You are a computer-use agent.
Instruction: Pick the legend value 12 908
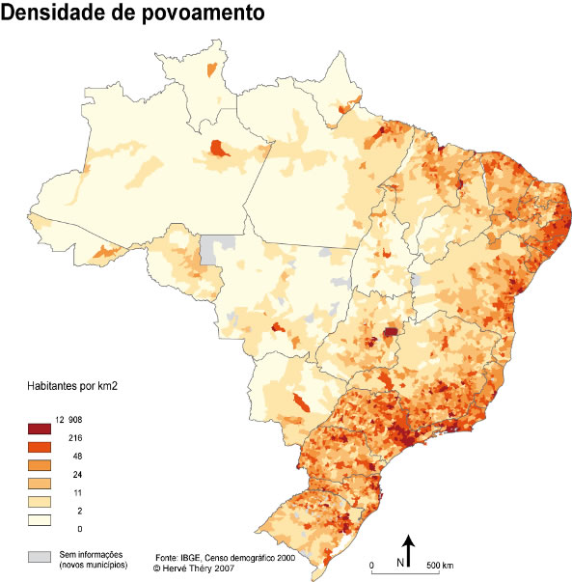tap(71, 420)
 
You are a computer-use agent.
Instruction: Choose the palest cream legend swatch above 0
tap(40, 520)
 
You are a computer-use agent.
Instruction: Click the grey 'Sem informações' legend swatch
tap(40, 557)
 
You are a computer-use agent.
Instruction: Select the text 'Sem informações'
tap(93, 553)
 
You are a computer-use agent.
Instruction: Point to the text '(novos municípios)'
tap(95, 563)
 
